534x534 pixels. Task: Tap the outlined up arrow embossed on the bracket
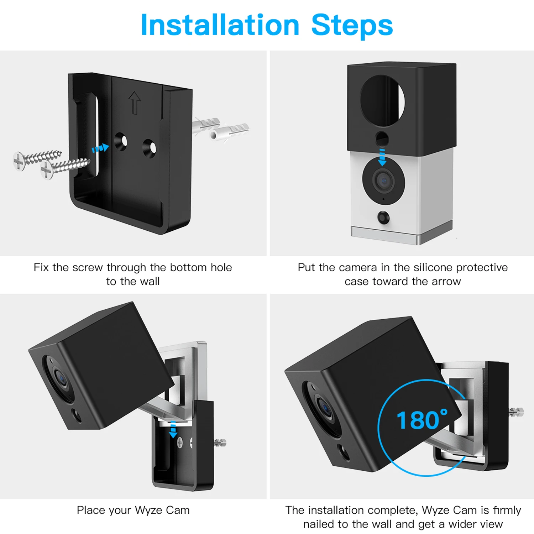(135, 102)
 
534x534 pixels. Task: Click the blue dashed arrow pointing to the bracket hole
(100, 148)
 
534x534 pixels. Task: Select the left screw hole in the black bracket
(121, 141)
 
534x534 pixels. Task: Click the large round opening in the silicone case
(382, 101)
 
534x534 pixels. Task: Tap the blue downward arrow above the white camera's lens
(382, 157)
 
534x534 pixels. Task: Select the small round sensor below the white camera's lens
(383, 217)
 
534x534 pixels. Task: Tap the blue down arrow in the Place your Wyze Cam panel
(173, 429)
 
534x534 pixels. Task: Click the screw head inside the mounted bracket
(180, 443)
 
